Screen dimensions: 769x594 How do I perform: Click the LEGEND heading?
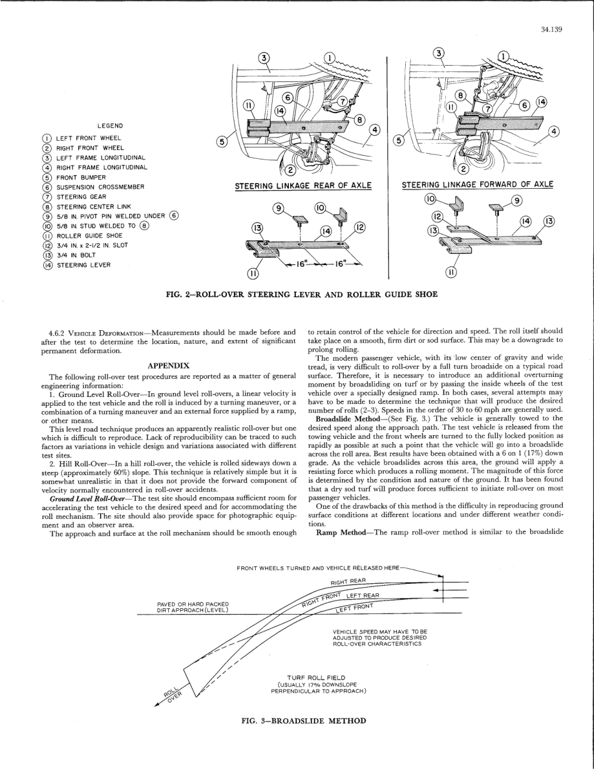tap(110, 126)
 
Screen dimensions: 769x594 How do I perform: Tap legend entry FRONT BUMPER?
tap(81, 177)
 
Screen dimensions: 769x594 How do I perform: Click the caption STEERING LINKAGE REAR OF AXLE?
tap(303, 186)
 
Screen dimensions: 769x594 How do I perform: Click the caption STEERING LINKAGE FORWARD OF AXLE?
tap(477, 184)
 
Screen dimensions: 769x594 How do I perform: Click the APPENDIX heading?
tap(168, 365)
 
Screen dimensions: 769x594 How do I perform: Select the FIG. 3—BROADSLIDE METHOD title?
tap(304, 721)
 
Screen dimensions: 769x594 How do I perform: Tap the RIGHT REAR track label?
tap(348, 581)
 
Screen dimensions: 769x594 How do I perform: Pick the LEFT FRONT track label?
tap(355, 608)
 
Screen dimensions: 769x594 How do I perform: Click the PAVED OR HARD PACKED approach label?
tap(193, 606)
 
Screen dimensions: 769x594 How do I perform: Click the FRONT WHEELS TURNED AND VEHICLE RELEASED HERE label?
tap(318, 568)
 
